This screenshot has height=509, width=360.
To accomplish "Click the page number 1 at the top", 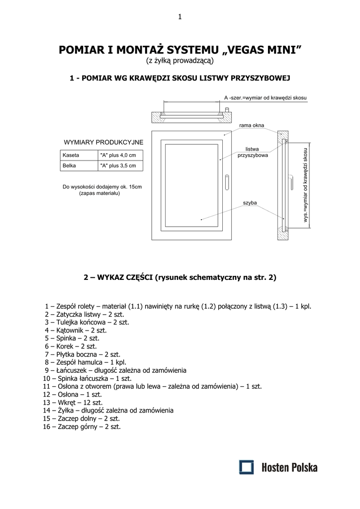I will (x=180, y=17).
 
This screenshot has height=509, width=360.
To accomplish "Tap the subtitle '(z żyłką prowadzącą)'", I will (x=180, y=61).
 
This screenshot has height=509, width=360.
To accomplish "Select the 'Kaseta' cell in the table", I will (x=71, y=155).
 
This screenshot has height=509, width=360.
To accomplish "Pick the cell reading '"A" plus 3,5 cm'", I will (x=118, y=166).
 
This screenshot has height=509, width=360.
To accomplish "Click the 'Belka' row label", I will (x=69, y=166).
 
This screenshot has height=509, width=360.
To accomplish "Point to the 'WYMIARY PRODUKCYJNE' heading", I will (x=103, y=142).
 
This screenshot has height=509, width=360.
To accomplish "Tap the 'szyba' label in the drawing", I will (x=249, y=203).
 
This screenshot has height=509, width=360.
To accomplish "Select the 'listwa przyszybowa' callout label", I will (x=253, y=152).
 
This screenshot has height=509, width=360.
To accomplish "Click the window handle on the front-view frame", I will (x=227, y=181).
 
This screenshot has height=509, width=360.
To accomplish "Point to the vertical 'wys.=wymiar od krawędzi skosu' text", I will (x=306, y=184).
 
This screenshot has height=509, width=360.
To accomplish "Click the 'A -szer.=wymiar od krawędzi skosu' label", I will (x=265, y=97).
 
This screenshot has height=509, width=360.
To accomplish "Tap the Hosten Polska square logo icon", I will (x=246, y=467).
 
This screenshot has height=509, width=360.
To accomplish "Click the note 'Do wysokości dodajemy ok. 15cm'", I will (x=102, y=187).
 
